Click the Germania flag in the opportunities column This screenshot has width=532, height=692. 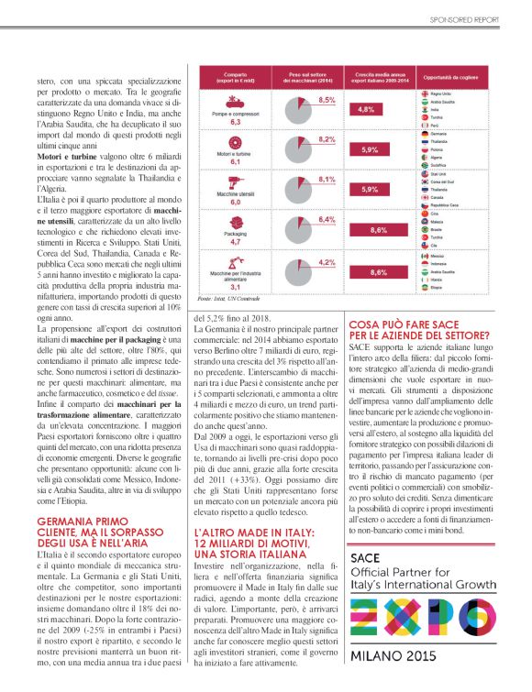423,133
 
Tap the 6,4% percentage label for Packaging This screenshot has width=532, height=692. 326,219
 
